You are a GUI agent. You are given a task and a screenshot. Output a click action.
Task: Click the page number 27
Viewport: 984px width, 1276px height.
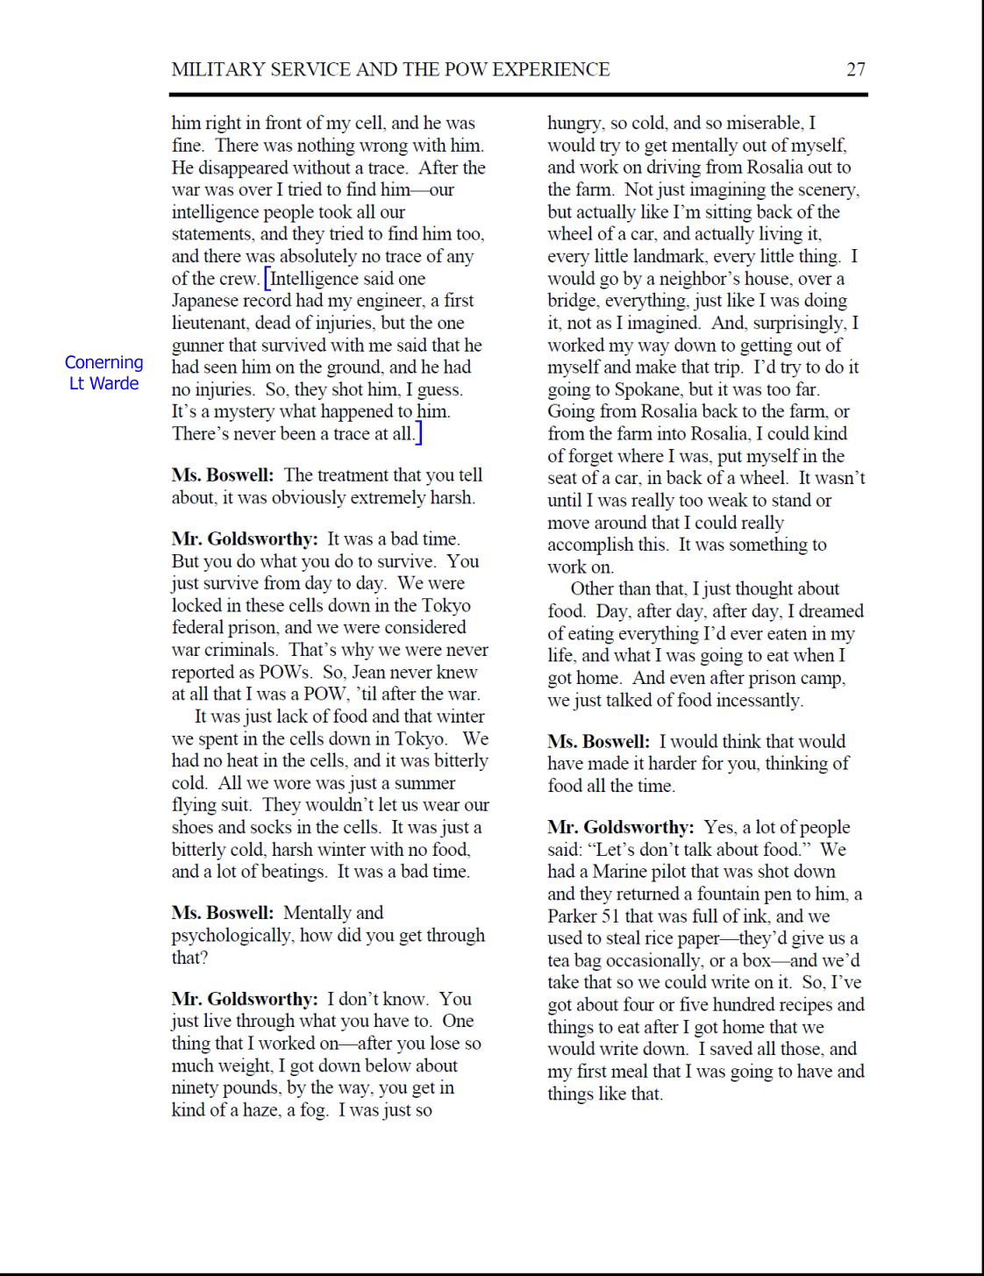[856, 70]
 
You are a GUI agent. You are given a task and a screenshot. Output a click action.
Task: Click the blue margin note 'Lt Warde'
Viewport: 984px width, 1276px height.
[103, 383]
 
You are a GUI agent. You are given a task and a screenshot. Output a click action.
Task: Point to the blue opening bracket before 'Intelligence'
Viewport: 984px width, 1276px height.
[267, 280]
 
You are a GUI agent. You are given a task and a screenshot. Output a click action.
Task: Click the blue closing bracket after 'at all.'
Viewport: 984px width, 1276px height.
[419, 433]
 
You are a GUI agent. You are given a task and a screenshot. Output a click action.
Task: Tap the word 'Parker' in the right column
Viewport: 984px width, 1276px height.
[573, 916]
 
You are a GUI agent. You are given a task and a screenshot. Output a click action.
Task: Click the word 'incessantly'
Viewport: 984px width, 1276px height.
[758, 700]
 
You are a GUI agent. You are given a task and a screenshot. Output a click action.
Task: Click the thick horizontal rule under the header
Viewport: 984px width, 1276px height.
[518, 94]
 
